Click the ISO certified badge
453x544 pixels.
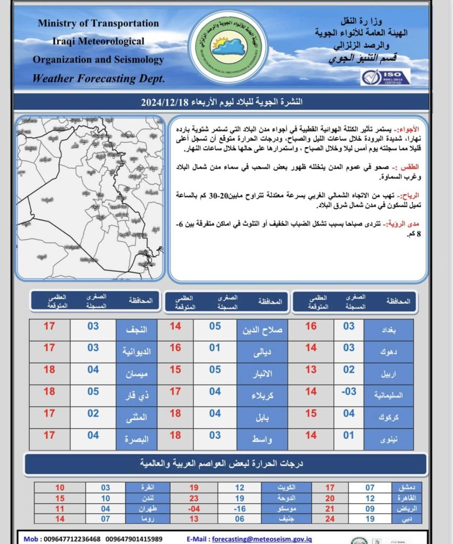point(385,76)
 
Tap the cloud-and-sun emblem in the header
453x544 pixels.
point(228,47)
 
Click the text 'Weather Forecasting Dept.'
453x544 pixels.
point(98,79)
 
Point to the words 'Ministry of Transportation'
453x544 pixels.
point(98,23)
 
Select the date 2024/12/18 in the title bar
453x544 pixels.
point(165,101)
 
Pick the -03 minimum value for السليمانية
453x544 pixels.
point(348,392)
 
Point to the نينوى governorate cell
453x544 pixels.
point(390,439)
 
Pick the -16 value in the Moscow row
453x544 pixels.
point(240,509)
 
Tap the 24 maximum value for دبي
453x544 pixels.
point(330,518)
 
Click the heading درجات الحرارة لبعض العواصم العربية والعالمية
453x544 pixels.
point(226,464)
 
